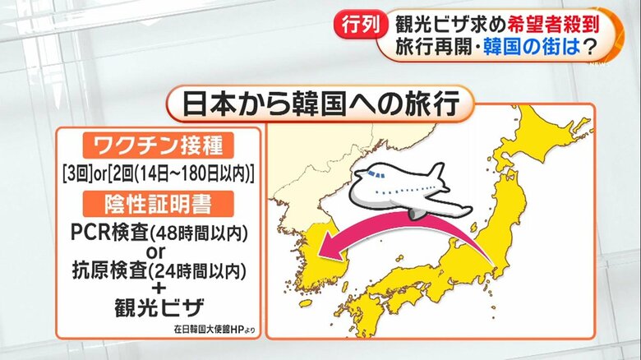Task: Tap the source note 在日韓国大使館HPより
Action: pyautogui.click(x=214, y=330)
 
